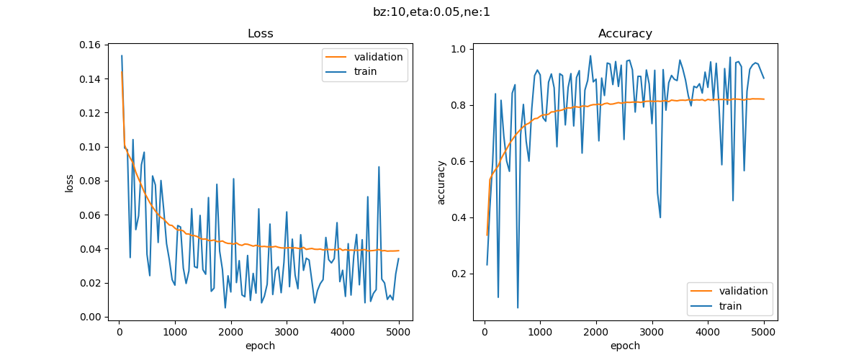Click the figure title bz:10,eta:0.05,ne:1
click(432, 12)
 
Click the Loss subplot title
click(260, 34)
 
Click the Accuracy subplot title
click(625, 34)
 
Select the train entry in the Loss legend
click(368, 71)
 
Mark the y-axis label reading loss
click(70, 183)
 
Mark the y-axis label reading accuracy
click(441, 183)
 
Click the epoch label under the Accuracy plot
click(625, 346)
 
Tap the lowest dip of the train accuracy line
click(518, 308)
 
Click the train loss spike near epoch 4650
click(379, 167)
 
